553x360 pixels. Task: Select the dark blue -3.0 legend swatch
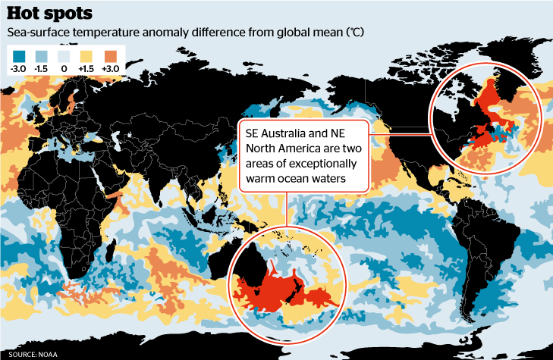(x=20, y=55)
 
